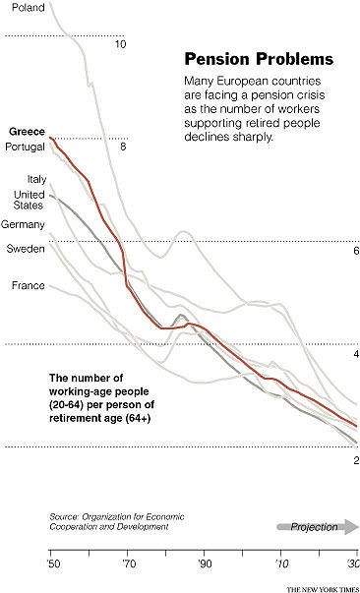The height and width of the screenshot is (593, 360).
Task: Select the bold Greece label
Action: pyautogui.click(x=27, y=132)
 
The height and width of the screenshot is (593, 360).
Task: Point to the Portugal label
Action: pyautogui.click(x=27, y=148)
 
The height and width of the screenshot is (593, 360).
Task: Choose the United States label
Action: pyautogui.click(x=29, y=202)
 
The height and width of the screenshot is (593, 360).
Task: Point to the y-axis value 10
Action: pyautogui.click(x=120, y=44)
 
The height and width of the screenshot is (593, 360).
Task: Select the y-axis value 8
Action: pyautogui.click(x=122, y=148)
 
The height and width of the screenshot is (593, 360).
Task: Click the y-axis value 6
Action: pyautogui.click(x=354, y=251)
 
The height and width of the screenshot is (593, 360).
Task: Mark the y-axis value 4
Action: pyautogui.click(x=354, y=354)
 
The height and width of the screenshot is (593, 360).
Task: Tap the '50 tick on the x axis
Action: pyautogui.click(x=52, y=564)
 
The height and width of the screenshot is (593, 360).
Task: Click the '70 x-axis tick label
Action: pyautogui.click(x=129, y=564)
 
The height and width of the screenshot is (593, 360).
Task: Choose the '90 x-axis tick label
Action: pyautogui.click(x=206, y=564)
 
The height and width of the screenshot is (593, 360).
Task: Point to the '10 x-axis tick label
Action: pyautogui.click(x=282, y=564)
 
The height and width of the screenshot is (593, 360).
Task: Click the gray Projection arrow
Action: pyautogui.click(x=319, y=527)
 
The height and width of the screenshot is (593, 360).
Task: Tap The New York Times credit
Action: pyautogui.click(x=322, y=587)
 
